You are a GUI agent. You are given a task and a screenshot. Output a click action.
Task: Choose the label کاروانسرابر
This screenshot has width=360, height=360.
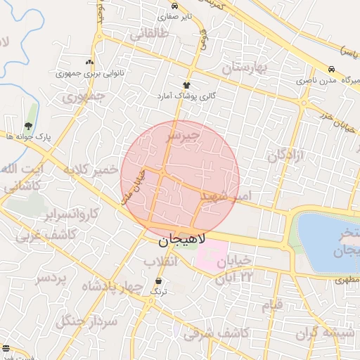point(69,212)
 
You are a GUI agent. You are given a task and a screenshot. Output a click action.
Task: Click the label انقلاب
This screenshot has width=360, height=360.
point(162,262)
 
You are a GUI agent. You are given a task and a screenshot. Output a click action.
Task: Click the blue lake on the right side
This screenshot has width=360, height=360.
point(327,243)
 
